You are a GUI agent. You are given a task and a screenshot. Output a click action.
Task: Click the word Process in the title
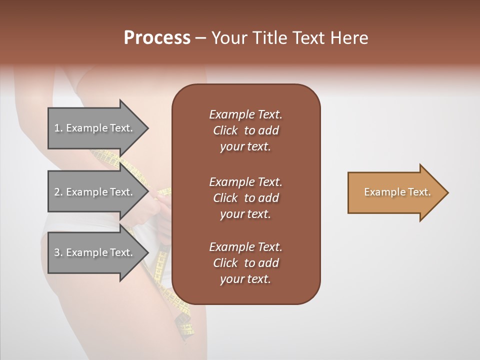point(157,38)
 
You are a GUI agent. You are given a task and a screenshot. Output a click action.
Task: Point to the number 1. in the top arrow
point(58,128)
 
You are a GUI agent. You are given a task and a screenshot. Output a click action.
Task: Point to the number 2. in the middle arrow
point(58,192)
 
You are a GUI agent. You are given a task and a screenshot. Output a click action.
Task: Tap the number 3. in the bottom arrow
point(58,252)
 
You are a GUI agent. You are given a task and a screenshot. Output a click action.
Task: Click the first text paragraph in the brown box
point(245,130)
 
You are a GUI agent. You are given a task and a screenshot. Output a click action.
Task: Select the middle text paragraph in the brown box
point(245,198)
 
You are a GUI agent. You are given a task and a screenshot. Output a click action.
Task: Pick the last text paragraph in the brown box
point(245,263)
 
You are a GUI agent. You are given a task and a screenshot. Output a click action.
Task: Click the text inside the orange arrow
point(397,192)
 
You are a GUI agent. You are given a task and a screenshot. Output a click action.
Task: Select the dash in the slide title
point(200,38)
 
